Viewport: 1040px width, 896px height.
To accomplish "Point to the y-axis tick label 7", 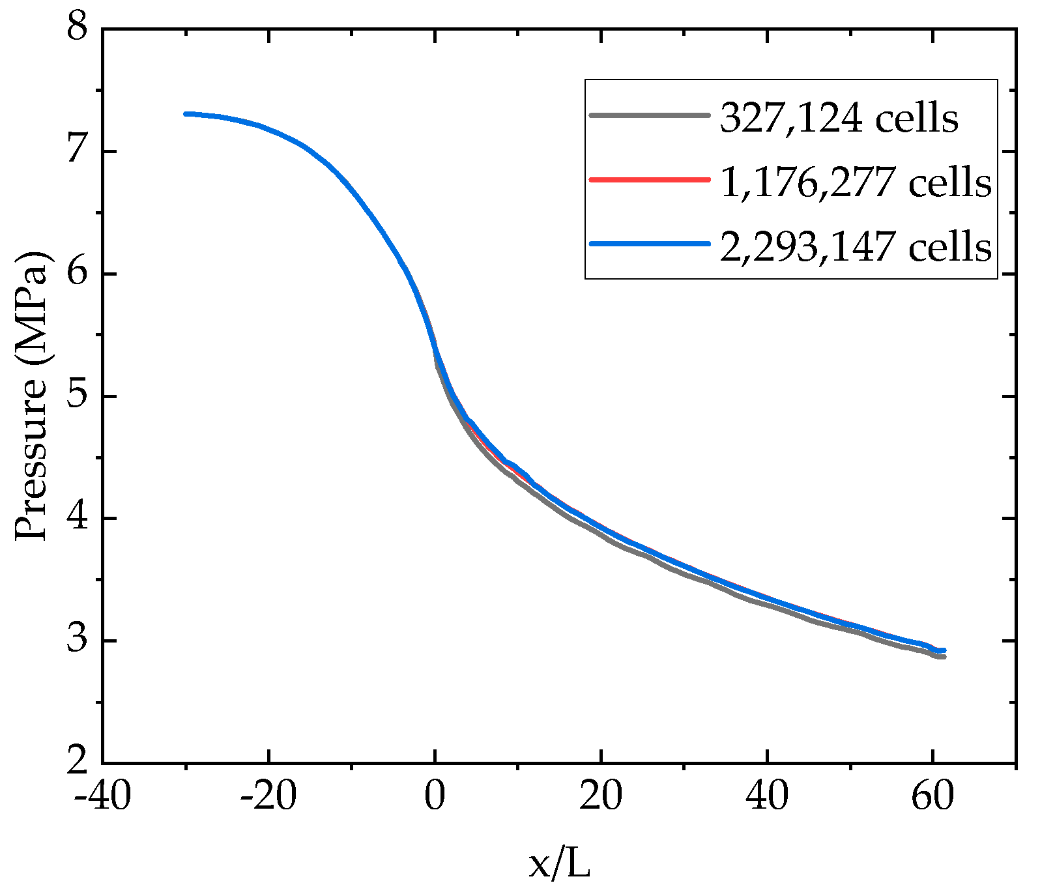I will [78, 151].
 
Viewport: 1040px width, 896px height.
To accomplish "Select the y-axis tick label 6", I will [78, 273].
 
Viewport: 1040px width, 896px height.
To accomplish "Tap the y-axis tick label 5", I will [78, 396].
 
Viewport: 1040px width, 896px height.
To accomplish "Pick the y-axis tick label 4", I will [78, 518].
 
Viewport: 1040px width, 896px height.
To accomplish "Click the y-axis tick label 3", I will [78, 641].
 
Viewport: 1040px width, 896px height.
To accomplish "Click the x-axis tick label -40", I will [102, 796].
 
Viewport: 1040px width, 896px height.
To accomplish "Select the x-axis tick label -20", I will [268, 796].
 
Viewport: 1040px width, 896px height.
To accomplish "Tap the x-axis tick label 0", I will [435, 796].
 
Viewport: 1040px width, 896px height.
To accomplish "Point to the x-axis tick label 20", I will [601, 796].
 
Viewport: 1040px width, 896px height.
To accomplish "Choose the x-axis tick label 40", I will [767, 796].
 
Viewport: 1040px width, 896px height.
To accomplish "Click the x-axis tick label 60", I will [933, 796].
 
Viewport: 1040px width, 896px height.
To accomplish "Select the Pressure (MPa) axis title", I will [31, 396].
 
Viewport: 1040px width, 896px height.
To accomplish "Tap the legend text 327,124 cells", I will [839, 118].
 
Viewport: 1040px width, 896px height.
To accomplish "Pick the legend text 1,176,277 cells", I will [856, 182].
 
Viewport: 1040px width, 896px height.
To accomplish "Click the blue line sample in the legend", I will [649, 244].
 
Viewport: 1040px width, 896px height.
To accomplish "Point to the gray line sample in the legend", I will [649, 115].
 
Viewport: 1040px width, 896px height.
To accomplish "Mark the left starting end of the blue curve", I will [186, 114].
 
